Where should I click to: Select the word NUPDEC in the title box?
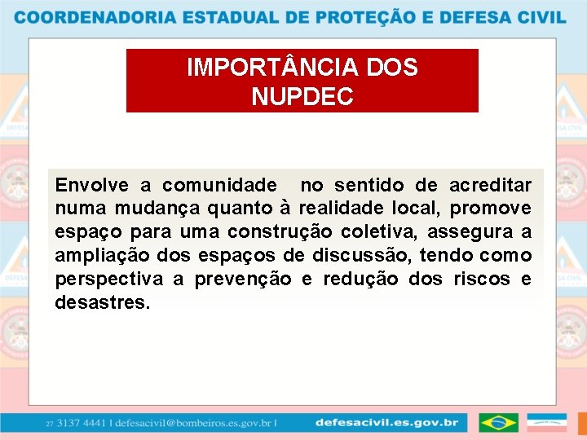pos(302,98)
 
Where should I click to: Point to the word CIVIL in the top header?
pos(539,17)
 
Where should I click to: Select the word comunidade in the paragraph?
pos(219,186)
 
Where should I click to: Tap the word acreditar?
pos(490,186)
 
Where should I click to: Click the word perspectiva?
pos(109,280)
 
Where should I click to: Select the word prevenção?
pos(243,280)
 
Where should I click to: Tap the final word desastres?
pos(103,304)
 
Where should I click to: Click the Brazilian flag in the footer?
pos(498,423)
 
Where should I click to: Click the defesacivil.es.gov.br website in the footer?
pos(386,423)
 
